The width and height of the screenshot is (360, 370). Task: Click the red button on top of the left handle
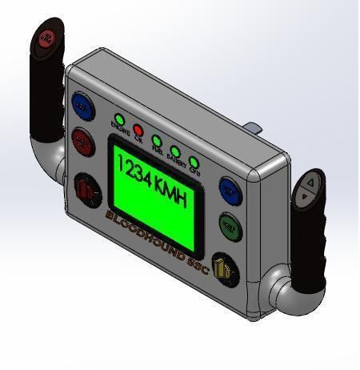(47, 37)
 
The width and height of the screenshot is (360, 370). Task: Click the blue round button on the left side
(82, 104)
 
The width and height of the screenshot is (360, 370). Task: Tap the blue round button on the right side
(231, 191)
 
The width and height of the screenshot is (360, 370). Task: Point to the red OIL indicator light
(138, 130)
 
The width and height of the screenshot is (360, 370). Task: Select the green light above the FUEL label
(157, 140)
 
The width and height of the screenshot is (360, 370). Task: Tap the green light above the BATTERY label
(175, 150)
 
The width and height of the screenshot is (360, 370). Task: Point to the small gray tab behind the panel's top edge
(253, 127)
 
